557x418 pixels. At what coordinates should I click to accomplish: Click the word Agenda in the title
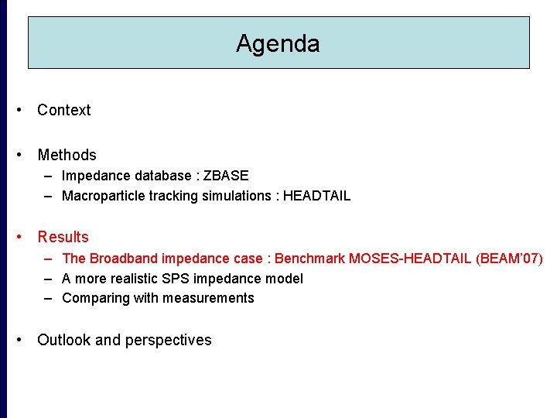[x=278, y=43]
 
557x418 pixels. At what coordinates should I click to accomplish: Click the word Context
[x=63, y=110]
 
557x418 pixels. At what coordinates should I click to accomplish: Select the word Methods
[x=67, y=155]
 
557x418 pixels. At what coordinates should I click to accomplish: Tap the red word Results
[x=63, y=237]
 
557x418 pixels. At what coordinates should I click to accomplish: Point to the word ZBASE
[x=226, y=176]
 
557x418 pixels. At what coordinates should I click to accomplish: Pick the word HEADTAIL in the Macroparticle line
[x=316, y=196]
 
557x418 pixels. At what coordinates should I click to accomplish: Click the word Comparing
[x=94, y=298]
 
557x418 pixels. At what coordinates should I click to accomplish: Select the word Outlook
[x=64, y=340]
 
